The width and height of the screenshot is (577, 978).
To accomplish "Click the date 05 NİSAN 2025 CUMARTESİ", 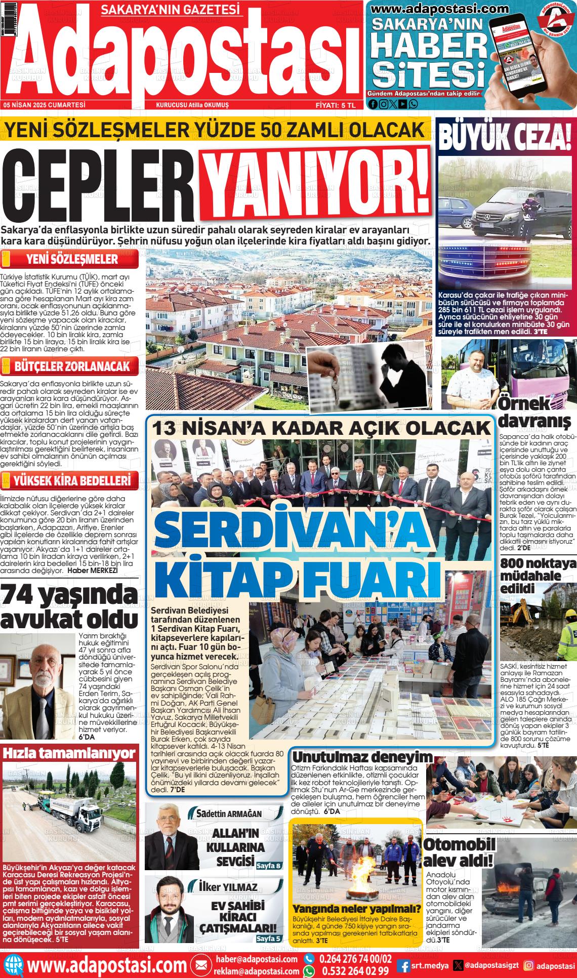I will [x=45, y=105].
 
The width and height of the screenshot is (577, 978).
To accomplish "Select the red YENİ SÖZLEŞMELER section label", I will [x=72, y=260].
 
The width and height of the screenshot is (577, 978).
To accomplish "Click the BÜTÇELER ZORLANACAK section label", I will [x=72, y=366].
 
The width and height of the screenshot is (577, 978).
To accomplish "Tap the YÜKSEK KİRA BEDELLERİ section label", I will [x=72, y=479].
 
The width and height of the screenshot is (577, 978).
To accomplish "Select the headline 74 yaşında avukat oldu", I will [x=69, y=607].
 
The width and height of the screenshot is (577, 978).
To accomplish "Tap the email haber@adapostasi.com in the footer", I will [x=257, y=959].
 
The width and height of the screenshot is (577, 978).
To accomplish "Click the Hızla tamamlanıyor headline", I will [x=69, y=753].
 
